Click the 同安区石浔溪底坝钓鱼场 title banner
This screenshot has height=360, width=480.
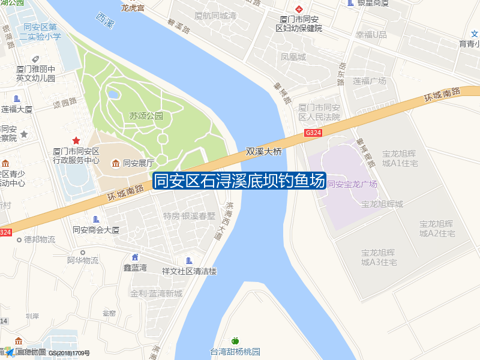(x=239, y=181)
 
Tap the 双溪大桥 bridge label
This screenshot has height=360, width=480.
(x=263, y=152)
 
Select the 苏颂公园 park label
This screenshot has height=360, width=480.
(x=146, y=116)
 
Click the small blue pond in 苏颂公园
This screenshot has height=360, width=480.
(x=113, y=94)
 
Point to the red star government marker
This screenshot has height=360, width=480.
(x=76, y=140)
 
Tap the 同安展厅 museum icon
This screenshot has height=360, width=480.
(x=115, y=163)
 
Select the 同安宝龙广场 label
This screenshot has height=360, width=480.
(x=352, y=184)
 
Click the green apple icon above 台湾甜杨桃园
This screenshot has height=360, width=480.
(x=235, y=341)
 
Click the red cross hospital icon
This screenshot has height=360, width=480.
(x=298, y=9)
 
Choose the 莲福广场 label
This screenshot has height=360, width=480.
(x=369, y=81)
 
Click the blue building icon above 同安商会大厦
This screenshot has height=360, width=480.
(x=96, y=220)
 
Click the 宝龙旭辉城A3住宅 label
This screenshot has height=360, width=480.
(x=379, y=257)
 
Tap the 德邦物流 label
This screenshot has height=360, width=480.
(x=40, y=239)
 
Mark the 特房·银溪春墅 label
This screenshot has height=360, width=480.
(x=189, y=216)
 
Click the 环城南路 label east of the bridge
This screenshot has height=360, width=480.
(x=442, y=94)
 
